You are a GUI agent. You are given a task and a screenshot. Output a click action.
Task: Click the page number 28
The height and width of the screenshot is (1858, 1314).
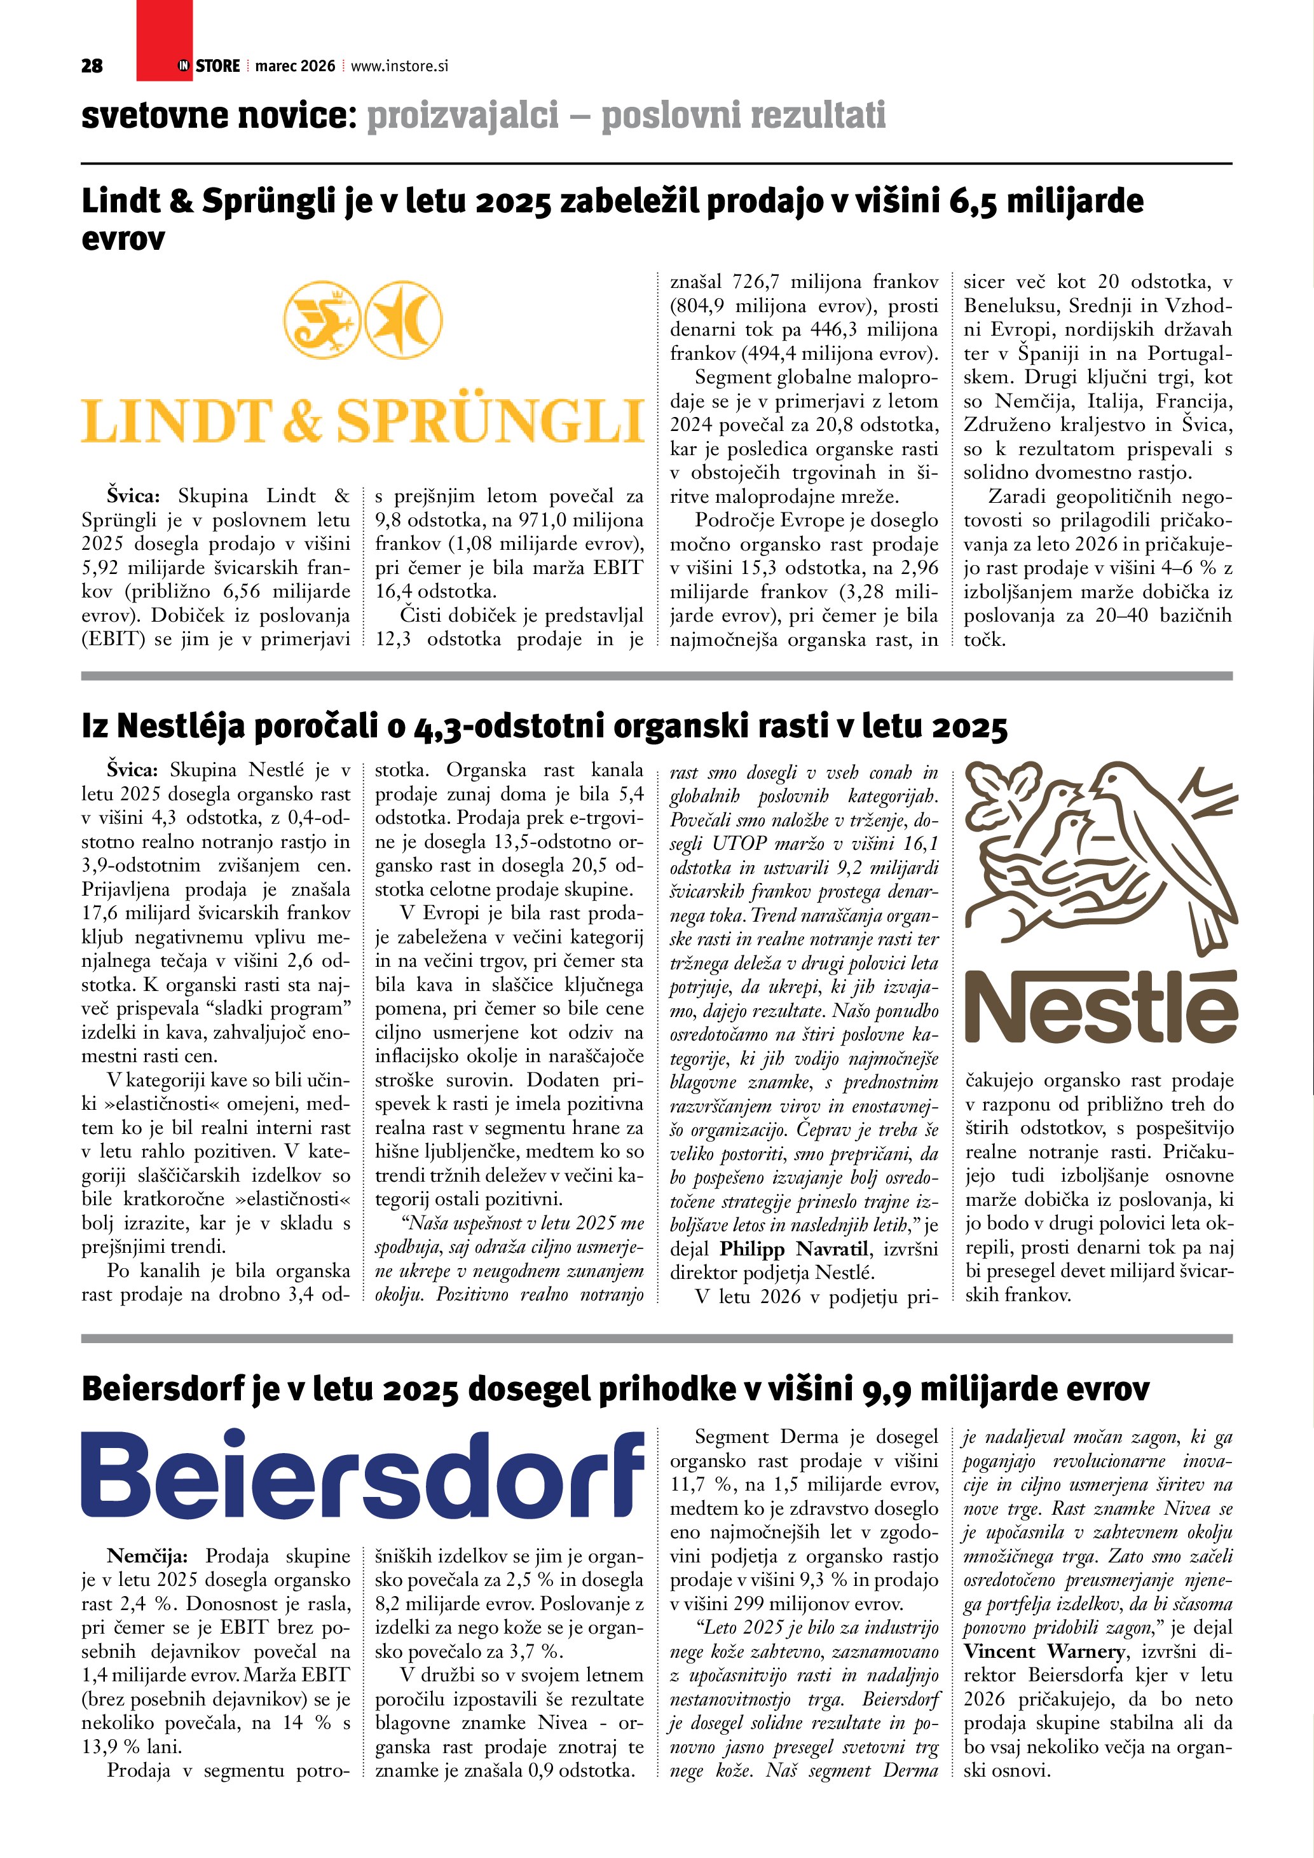[92, 66]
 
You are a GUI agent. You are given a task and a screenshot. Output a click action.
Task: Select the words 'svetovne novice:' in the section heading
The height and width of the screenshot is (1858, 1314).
[219, 116]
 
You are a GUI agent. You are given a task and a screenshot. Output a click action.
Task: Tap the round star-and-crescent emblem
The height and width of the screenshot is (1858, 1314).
[403, 319]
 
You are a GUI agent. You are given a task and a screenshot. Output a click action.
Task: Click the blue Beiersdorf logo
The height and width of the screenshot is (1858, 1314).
[362, 1476]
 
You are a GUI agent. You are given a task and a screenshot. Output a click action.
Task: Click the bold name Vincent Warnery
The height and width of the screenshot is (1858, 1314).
[1044, 1651]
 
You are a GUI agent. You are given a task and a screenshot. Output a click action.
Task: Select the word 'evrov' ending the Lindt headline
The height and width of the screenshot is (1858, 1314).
[123, 239]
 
